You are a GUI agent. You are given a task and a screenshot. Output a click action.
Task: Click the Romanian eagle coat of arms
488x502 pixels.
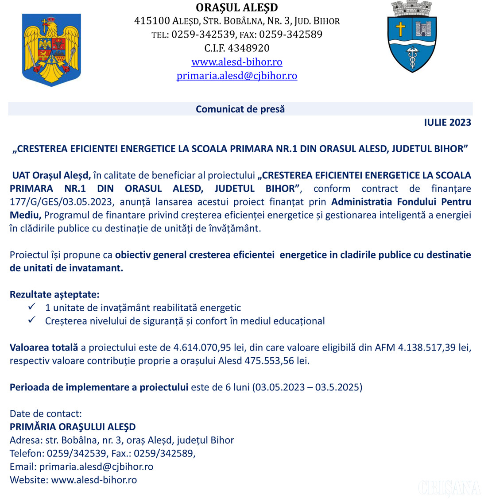click(x=51, y=50)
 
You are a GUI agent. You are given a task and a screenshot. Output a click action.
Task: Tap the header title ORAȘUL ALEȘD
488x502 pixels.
click(x=237, y=8)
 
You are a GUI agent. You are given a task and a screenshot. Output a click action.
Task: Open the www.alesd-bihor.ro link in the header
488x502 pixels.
click(x=237, y=62)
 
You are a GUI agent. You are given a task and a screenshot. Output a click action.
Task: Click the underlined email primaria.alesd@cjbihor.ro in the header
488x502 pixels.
click(x=237, y=76)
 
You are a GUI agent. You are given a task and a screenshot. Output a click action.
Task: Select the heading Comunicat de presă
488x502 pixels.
click(x=240, y=109)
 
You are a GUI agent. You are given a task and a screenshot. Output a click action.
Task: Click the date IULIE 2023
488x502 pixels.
click(x=447, y=123)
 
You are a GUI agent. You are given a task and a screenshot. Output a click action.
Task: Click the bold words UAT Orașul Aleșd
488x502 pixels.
click(x=51, y=175)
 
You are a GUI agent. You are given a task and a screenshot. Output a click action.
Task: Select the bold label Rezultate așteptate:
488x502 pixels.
click(x=54, y=294)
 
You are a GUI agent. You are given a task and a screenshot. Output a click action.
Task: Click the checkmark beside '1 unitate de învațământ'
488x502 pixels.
click(x=32, y=307)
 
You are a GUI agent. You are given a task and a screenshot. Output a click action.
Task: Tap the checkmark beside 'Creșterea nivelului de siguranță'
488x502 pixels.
click(x=32, y=320)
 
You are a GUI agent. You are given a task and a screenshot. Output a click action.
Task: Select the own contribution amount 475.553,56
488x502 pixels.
click(x=269, y=361)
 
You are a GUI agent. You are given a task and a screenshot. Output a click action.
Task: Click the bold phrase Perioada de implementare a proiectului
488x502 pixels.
click(x=99, y=387)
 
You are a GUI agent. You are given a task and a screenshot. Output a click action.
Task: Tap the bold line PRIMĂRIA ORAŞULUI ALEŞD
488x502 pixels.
click(x=73, y=427)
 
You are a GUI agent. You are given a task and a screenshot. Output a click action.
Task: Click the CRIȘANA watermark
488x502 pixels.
click(x=449, y=488)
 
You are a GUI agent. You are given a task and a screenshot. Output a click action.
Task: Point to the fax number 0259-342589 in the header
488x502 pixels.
click(x=290, y=35)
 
